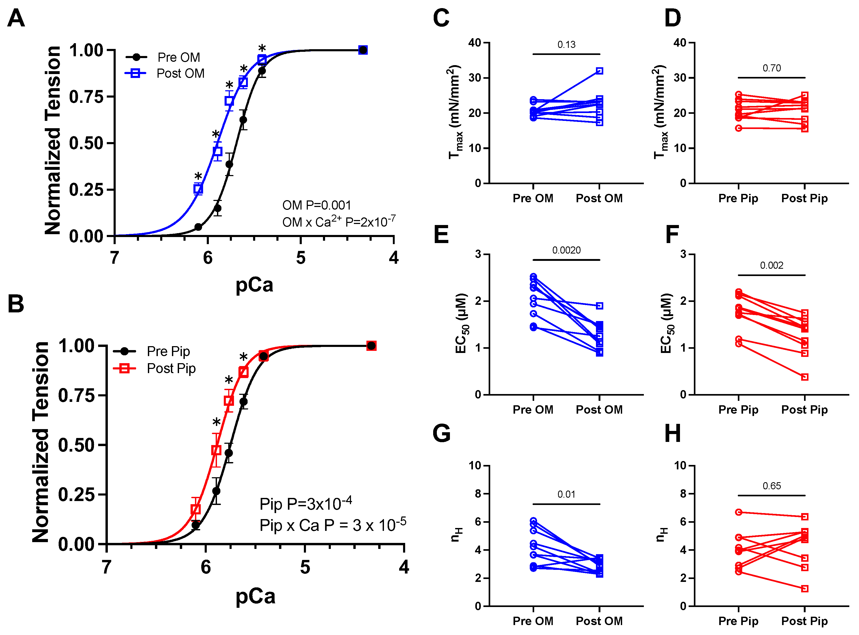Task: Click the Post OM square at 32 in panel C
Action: pyautogui.click(x=599, y=71)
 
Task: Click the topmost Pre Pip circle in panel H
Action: pyautogui.click(x=738, y=512)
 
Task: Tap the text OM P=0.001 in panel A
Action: pyautogui.click(x=316, y=205)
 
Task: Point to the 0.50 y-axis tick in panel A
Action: pyautogui.click(x=86, y=143)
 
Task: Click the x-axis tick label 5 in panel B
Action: pyautogui.click(x=305, y=567)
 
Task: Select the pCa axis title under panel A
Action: pyautogui.click(x=254, y=285)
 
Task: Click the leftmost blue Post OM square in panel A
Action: pyautogui.click(x=198, y=189)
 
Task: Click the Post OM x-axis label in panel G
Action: pyautogui.click(x=599, y=621)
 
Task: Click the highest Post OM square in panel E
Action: pyautogui.click(x=599, y=306)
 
